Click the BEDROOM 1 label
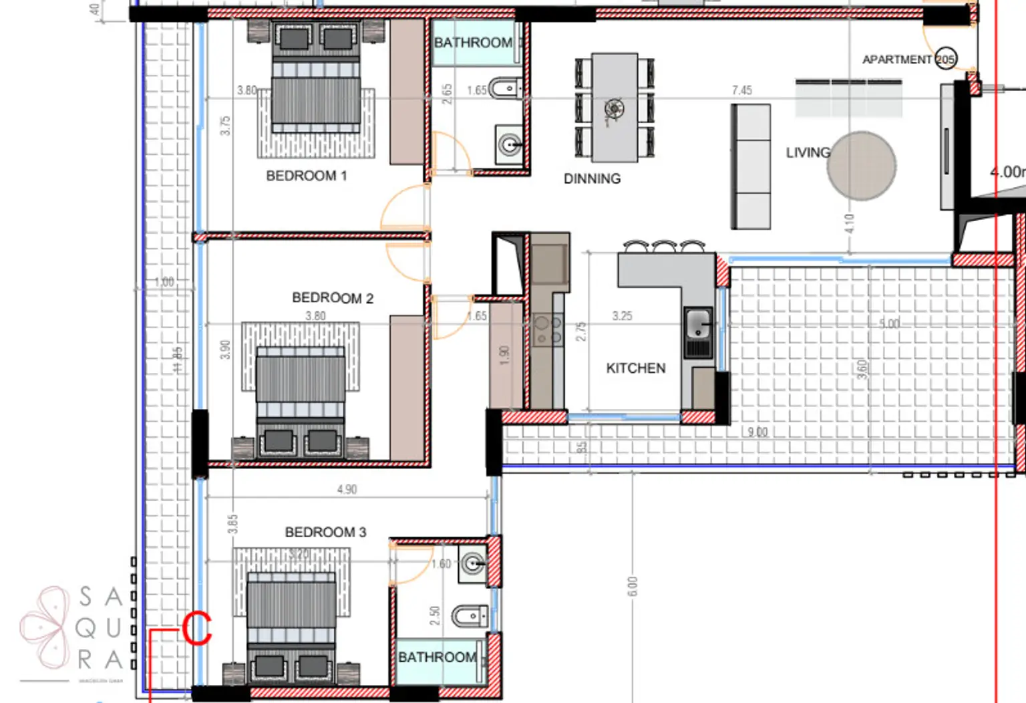click(306, 176)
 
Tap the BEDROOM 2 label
click(332, 297)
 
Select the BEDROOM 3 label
click(325, 532)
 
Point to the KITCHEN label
click(635, 368)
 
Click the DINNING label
click(592, 178)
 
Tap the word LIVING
click(807, 152)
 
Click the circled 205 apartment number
click(945, 59)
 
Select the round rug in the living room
click(861, 166)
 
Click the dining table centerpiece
click(614, 108)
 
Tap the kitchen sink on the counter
click(698, 324)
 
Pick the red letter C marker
click(196, 629)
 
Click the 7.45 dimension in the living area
click(741, 90)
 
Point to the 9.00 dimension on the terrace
click(757, 432)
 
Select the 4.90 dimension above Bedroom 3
click(347, 489)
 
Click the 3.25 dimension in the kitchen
click(622, 315)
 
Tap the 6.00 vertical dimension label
click(633, 586)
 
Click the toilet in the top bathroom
click(504, 88)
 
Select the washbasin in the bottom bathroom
click(473, 565)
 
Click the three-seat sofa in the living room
click(751, 166)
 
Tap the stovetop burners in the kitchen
click(548, 331)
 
